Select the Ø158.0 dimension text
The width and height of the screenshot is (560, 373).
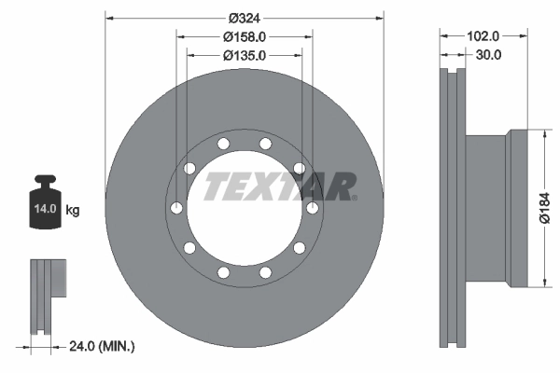coord(245,36)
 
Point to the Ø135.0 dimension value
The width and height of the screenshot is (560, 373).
coord(245,56)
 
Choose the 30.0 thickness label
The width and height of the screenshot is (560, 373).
coord(490,55)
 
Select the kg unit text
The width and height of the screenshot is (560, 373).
coord(73,211)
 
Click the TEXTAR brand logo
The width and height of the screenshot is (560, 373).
coord(280,186)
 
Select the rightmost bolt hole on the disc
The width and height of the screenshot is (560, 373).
coord(313,207)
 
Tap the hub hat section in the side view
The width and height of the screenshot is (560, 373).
coord(486,207)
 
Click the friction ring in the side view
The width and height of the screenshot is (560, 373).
coord(454,207)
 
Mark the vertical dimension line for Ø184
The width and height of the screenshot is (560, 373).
coord(543,207)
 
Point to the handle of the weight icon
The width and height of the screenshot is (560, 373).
coord(44,179)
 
